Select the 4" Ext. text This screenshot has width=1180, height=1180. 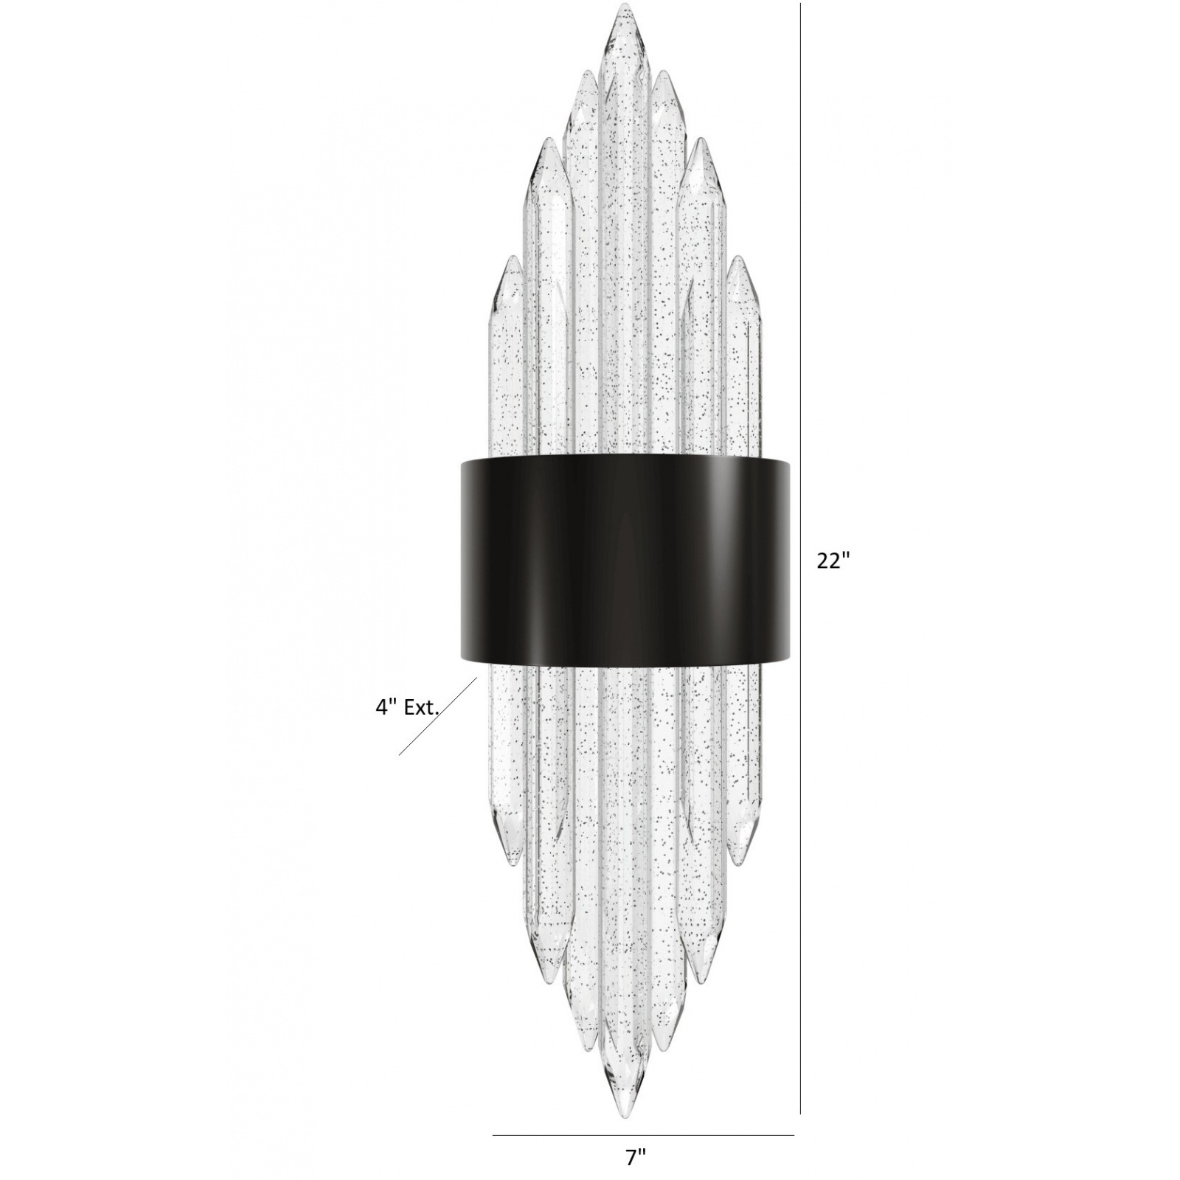pyautogui.click(x=408, y=708)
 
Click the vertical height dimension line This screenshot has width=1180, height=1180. pyautogui.click(x=801, y=295)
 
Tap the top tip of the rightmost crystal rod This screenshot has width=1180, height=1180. pyautogui.click(x=737, y=258)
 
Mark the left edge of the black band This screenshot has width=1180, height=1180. pyautogui.click(x=460, y=560)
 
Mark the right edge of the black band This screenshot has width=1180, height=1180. pyautogui.click(x=793, y=560)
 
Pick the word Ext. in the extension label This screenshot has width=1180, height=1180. pyautogui.click(x=423, y=708)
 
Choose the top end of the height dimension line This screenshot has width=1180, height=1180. pyautogui.click(x=801, y=4)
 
